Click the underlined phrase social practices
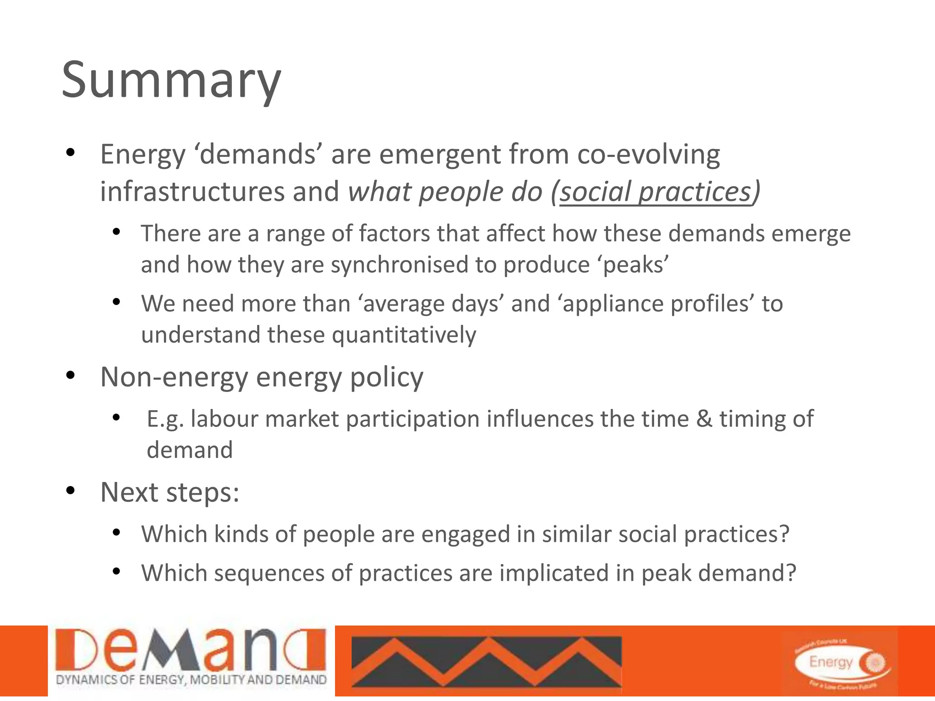click(x=655, y=192)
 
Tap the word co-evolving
click(x=648, y=154)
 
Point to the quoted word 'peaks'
click(x=636, y=265)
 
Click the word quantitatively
click(x=404, y=335)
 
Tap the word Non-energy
click(x=173, y=377)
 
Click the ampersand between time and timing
click(x=704, y=419)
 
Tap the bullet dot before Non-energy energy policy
click(x=70, y=376)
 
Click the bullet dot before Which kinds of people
click(x=116, y=532)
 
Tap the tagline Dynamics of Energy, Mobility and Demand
click(x=191, y=680)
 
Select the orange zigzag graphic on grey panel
click(x=486, y=661)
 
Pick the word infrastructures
click(x=192, y=192)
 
